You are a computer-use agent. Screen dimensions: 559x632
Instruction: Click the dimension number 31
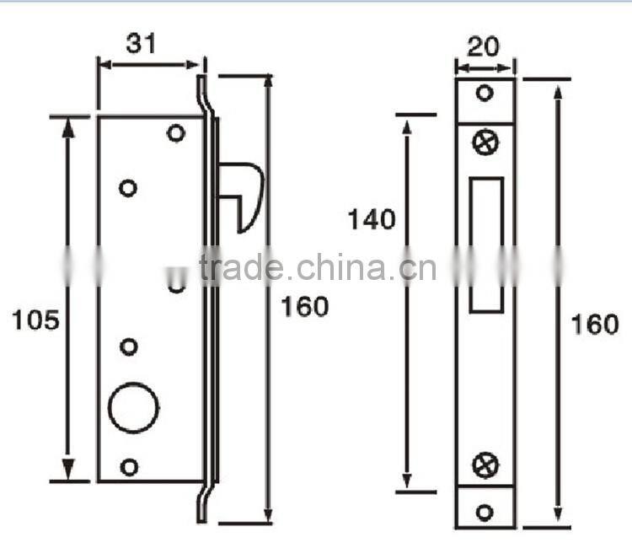pyautogui.click(x=142, y=43)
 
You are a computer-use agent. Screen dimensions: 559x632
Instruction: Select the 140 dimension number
pyautogui.click(x=372, y=219)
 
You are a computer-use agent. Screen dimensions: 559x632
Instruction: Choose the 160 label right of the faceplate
pyautogui.click(x=594, y=324)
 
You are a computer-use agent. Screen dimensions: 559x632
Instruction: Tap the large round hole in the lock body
pyautogui.click(x=134, y=408)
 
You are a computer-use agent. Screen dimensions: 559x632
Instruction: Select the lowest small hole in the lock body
pyautogui.click(x=129, y=466)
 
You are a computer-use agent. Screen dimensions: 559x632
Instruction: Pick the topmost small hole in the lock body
pyautogui.click(x=175, y=133)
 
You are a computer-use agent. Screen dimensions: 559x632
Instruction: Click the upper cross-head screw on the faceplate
pyautogui.click(x=486, y=142)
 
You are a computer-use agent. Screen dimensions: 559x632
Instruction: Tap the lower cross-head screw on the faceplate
pyautogui.click(x=486, y=463)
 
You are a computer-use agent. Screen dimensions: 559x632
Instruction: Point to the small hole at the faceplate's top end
pyautogui.click(x=485, y=93)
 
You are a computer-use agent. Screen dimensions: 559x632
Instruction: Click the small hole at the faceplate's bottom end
pyautogui.click(x=485, y=511)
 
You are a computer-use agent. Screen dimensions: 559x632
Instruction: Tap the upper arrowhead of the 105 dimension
pyautogui.click(x=69, y=126)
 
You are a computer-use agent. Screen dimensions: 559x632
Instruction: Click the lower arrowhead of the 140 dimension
pyautogui.click(x=407, y=481)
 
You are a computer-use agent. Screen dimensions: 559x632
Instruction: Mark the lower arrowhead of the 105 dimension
pyautogui.click(x=69, y=470)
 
